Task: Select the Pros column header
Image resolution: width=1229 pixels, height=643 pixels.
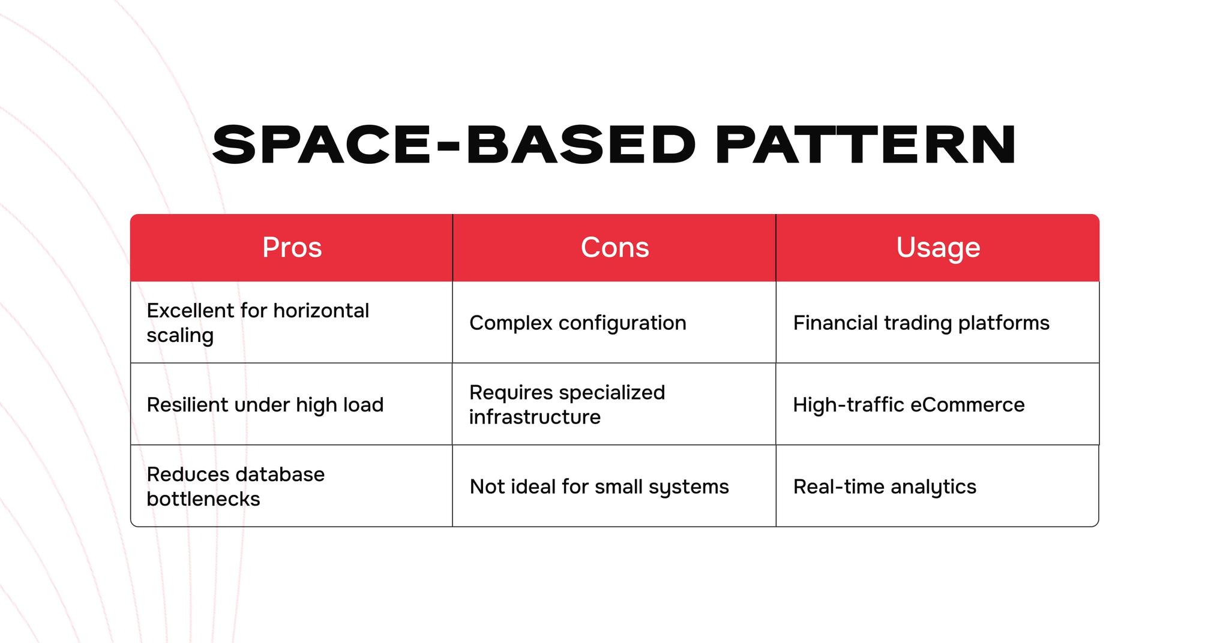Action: coord(292,248)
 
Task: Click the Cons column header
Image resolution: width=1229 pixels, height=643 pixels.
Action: coord(614,248)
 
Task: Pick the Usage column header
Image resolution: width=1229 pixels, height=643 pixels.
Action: coord(938,248)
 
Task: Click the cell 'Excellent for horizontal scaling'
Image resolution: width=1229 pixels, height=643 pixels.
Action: coord(292,323)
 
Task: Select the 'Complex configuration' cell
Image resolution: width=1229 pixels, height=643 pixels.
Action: coord(614,323)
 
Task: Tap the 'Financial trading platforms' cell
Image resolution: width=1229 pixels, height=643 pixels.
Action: coord(938,323)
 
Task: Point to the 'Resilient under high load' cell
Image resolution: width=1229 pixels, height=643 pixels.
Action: coord(292,404)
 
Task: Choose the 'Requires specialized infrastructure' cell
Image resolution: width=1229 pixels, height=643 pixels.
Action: coord(614,404)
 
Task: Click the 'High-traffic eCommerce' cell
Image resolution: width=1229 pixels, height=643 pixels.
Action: coord(938,404)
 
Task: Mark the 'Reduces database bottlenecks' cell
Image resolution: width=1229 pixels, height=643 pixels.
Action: coord(292,486)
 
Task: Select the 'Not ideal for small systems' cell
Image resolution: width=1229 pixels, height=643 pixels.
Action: coord(614,486)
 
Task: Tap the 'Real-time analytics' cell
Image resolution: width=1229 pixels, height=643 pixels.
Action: coord(938,486)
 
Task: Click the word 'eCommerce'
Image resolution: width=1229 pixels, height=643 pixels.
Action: coord(967,405)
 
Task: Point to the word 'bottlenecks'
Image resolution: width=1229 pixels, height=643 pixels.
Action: coord(203,499)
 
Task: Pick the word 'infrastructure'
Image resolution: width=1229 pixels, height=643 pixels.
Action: coord(535,417)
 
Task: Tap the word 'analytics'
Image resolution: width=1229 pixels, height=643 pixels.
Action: coord(934,487)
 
